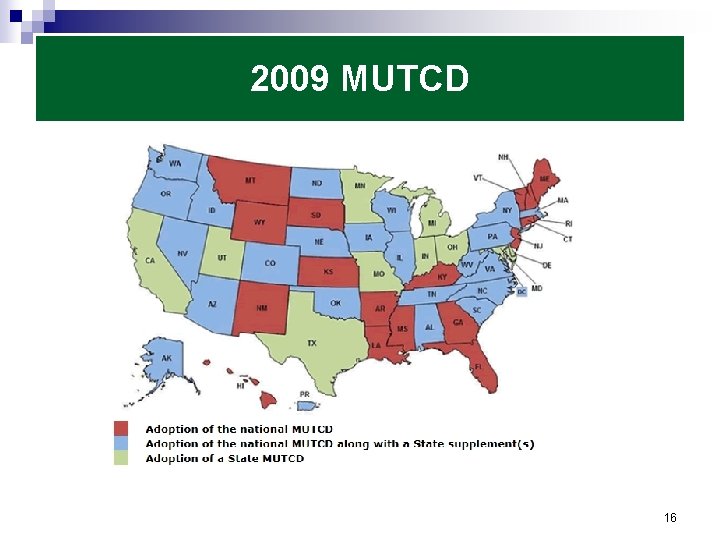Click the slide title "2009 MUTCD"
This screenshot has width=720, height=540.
pos(359,79)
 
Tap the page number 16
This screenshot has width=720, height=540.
pos(670,518)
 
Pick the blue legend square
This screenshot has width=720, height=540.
pos(121,444)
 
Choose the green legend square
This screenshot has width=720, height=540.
pos(121,458)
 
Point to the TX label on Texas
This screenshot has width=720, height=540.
pos(312,343)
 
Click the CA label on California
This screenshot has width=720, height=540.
pos(150,260)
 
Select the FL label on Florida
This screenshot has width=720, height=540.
pos(478,367)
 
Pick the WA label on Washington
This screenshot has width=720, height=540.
pos(175,163)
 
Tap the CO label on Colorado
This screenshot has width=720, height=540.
pos(270,263)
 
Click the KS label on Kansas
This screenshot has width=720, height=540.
pos(328,271)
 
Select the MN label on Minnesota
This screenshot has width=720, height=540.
pos(360,186)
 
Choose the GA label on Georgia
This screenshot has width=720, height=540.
pos(457,322)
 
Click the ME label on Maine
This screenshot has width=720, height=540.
pos(544,179)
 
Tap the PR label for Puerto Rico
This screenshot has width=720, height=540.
pos(304,395)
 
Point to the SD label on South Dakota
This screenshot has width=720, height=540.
pos(316,214)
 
